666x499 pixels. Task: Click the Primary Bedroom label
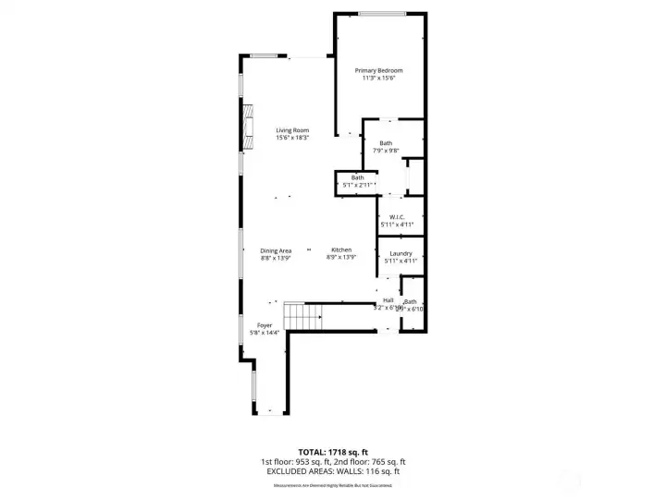378,70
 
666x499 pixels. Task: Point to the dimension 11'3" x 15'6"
378,79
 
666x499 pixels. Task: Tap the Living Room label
291,130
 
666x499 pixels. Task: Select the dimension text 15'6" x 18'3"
291,139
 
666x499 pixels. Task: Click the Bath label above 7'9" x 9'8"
386,142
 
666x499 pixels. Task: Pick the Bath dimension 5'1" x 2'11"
357,185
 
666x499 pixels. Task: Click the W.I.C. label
397,217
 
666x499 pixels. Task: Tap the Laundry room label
401,253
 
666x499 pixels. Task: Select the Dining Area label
276,250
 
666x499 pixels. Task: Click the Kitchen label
341,250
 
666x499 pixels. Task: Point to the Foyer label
264,325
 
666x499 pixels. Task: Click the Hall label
388,300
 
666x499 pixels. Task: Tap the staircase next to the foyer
302,319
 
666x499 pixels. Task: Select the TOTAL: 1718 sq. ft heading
332,451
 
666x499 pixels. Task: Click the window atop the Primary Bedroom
381,13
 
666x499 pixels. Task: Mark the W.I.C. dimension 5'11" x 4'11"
397,225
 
